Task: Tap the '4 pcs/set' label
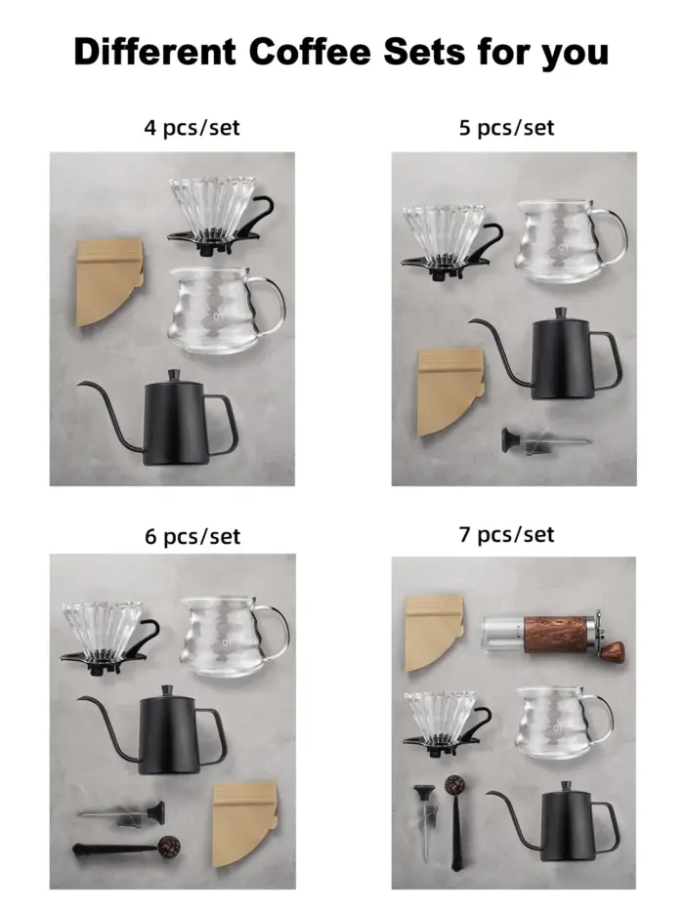click(192, 127)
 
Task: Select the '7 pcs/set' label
click(506, 534)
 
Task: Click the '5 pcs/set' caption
click(506, 128)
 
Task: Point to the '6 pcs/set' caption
click(192, 536)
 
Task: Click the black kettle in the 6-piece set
click(176, 728)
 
